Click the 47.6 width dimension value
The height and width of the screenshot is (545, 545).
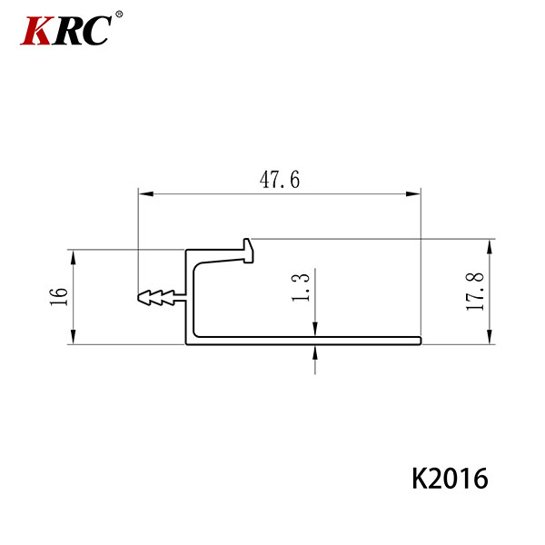click(280, 180)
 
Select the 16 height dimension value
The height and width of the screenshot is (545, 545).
click(59, 296)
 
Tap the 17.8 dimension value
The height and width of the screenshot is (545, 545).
click(475, 292)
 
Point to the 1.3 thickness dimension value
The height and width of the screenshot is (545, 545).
click(301, 287)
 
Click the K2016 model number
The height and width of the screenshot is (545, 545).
click(450, 479)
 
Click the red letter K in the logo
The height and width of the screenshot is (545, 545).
click(38, 30)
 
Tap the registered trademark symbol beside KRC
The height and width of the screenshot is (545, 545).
click(118, 15)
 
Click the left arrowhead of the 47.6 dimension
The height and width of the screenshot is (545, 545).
click(146, 193)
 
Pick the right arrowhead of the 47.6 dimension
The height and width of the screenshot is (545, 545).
click(413, 193)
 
